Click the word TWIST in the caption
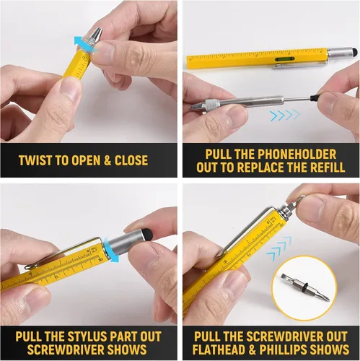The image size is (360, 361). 35,160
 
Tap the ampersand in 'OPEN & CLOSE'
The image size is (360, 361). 107,160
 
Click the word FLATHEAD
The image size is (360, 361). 219,349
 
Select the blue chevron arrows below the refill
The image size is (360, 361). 285,116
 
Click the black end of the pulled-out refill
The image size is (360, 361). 314,98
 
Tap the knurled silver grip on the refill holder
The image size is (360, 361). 212,104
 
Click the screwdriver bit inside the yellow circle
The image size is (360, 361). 304,287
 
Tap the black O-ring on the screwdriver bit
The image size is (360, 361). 305,287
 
